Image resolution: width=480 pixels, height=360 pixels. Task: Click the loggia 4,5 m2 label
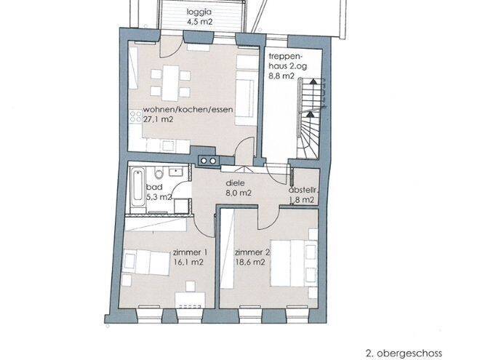tap(199, 17)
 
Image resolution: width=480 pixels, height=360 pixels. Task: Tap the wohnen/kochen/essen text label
tap(188, 109)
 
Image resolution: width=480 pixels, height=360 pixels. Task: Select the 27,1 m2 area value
tap(158, 119)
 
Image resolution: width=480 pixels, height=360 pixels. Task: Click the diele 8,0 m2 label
tap(239, 188)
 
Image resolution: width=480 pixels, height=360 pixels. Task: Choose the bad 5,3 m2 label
tap(159, 192)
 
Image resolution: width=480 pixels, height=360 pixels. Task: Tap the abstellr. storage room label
tap(303, 190)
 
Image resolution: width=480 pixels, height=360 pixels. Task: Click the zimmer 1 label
tap(190, 252)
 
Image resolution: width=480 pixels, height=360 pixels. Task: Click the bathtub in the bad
tap(137, 189)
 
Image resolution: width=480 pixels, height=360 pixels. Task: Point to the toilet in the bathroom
tap(159, 173)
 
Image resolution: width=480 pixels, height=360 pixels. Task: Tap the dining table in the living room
tap(170, 83)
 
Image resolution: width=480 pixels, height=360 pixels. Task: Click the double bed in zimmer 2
tap(294, 263)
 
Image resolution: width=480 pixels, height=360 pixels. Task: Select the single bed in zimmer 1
tap(147, 263)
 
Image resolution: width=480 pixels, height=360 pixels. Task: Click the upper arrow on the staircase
tap(313, 81)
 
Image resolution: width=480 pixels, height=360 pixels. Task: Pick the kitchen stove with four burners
tap(135, 116)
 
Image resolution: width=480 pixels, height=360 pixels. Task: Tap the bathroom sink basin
tap(175, 172)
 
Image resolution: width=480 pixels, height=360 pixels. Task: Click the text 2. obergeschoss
tap(404, 353)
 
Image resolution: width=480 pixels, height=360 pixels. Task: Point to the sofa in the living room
tap(245, 97)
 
